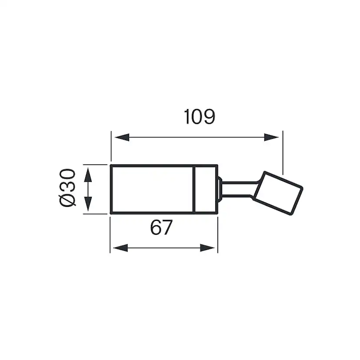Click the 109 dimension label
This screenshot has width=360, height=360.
pyautogui.click(x=199, y=117)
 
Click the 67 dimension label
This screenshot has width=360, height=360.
pyautogui.click(x=162, y=228)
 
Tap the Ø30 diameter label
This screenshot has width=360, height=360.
pyautogui.click(x=68, y=189)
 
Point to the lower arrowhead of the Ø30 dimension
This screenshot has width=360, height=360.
pyautogui.click(x=88, y=202)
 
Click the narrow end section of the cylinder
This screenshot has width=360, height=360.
pyautogui.click(x=205, y=189)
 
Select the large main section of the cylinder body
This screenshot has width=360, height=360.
pyautogui.click(x=152, y=189)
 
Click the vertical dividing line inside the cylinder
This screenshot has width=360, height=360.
pyautogui.click(x=193, y=189)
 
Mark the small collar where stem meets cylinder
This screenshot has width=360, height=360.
pyautogui.click(x=220, y=189)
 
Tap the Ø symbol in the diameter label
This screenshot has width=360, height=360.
pyautogui.click(x=68, y=200)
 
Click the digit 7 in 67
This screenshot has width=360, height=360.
pyautogui.click(x=168, y=228)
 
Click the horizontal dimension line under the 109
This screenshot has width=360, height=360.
pyautogui.click(x=196, y=137)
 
